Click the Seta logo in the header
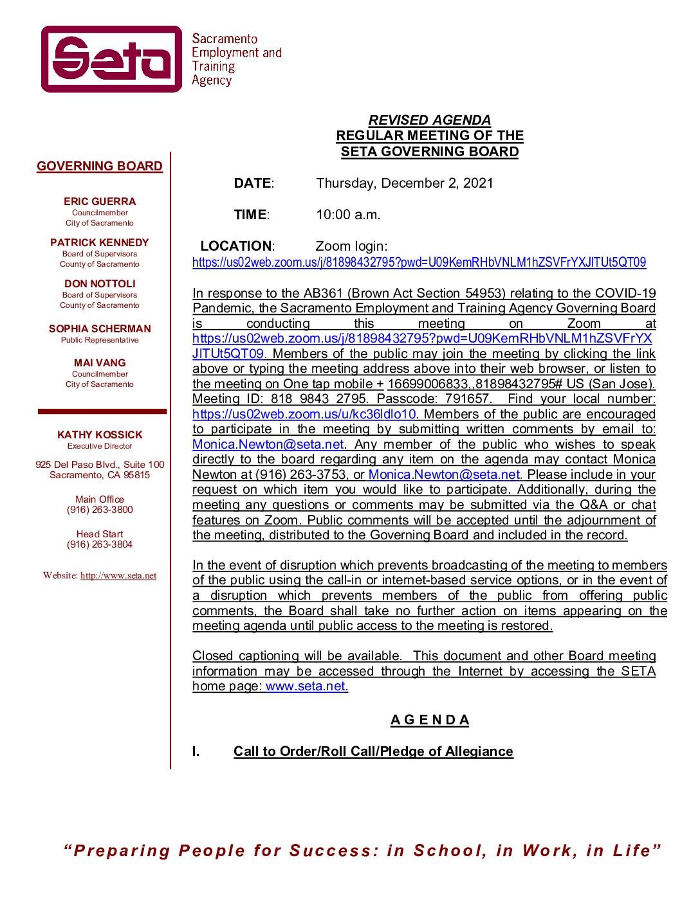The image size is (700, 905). (x=112, y=59)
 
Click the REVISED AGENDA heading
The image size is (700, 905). (x=429, y=120)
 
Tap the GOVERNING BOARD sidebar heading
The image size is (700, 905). (x=100, y=166)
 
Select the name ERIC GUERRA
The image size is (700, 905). (x=100, y=201)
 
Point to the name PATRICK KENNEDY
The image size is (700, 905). (x=100, y=242)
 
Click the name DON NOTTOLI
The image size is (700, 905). (x=100, y=283)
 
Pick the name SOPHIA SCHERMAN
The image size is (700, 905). (x=100, y=328)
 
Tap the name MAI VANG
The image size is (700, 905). (x=100, y=363)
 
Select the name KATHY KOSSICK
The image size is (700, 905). (x=100, y=435)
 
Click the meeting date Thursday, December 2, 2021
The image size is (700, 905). (x=404, y=183)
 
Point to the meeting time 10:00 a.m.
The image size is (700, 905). (x=348, y=215)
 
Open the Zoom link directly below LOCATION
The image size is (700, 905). (x=419, y=262)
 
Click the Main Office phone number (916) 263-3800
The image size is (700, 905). (x=100, y=510)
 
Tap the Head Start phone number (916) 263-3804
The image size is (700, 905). (x=100, y=544)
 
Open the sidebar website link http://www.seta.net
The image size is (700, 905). (x=118, y=576)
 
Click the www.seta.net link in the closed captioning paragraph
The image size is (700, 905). (x=306, y=686)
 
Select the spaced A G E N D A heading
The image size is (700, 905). (x=429, y=720)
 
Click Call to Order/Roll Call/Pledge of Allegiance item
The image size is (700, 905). (x=373, y=751)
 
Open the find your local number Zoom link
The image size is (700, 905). (x=304, y=415)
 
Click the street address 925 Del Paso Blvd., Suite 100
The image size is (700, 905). (x=100, y=465)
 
